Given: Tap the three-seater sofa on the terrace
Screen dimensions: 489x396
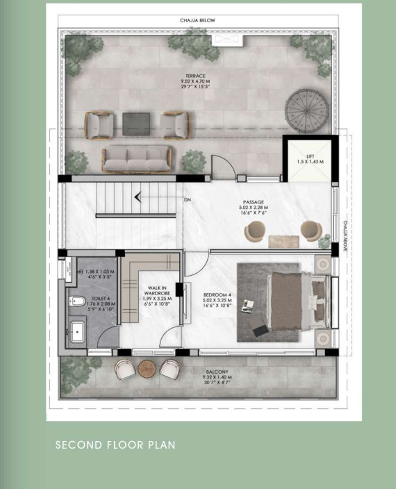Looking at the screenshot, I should [137, 158].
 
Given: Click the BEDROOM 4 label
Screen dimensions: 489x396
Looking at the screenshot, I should [217, 295].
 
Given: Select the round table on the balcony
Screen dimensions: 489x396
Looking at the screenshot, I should [147, 370].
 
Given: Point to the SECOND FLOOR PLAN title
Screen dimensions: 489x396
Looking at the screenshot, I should [115, 445].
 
